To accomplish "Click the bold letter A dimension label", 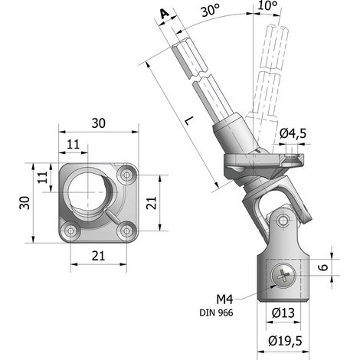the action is coord(165,14).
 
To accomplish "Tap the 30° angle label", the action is coord(210,11).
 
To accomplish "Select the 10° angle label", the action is coord(267,5).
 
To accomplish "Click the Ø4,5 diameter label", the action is coord(293,133).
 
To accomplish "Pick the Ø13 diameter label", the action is coord(283,313).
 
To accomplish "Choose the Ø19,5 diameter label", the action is coord(285,341).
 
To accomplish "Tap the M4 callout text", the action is coord(224,299).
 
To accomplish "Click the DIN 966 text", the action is coord(216,313).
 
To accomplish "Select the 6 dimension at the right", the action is coord(323,267).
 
